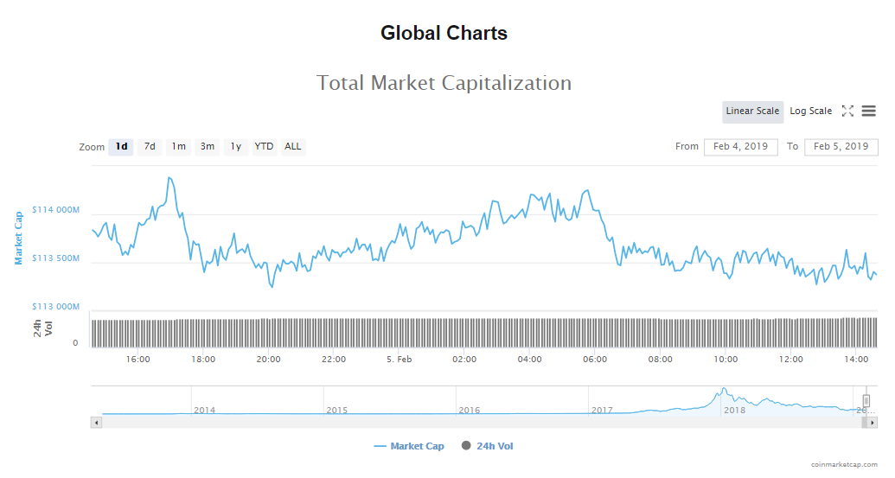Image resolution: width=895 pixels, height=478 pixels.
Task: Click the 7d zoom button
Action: coord(150,147)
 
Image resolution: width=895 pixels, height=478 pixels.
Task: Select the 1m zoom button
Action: coord(178,147)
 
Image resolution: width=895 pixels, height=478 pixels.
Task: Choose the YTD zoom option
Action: coord(264,147)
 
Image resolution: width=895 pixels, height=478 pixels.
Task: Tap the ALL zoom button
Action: coord(293,147)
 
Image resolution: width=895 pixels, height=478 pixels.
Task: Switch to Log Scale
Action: coord(810,112)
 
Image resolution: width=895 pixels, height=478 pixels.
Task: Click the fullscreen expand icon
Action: coord(847,112)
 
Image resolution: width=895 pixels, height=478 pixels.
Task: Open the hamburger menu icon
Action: coord(868,112)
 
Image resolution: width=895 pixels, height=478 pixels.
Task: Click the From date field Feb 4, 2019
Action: coord(740,147)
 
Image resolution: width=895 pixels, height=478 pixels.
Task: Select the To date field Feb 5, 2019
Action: coord(841,147)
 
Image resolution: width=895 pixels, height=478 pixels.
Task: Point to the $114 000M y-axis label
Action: coord(55,210)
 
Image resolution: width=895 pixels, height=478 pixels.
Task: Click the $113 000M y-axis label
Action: coord(55,307)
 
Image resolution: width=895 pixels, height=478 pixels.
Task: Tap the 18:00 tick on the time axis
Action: coord(203,360)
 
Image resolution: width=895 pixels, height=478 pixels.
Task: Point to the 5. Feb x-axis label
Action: coord(399,360)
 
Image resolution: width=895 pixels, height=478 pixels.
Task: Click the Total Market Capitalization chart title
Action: coord(444,83)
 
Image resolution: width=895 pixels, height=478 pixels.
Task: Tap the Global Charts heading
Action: coord(444,34)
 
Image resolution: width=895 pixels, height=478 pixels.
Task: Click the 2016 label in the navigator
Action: coord(470,410)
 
